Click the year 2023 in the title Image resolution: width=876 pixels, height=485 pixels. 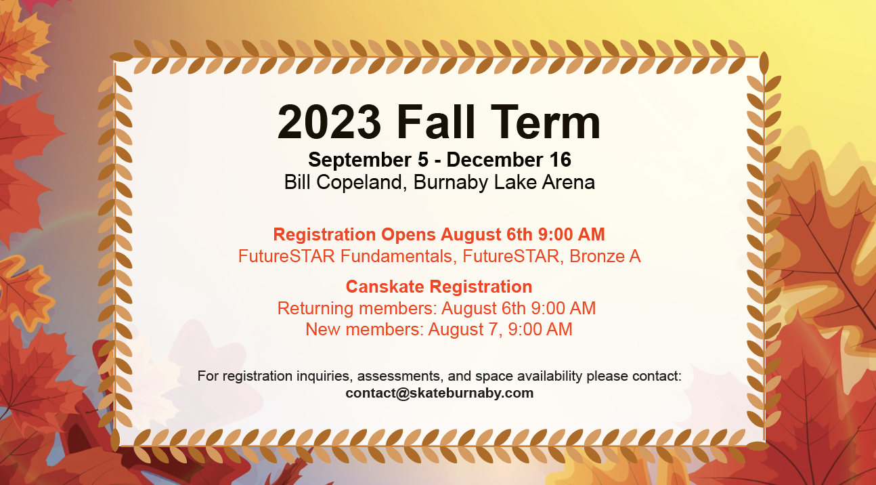[329, 122]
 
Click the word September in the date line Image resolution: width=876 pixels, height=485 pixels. [359, 161]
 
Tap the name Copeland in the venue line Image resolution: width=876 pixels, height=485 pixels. [359, 183]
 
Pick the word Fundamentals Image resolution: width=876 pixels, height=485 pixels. [396, 257]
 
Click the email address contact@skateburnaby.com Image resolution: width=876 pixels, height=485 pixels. [439, 393]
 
